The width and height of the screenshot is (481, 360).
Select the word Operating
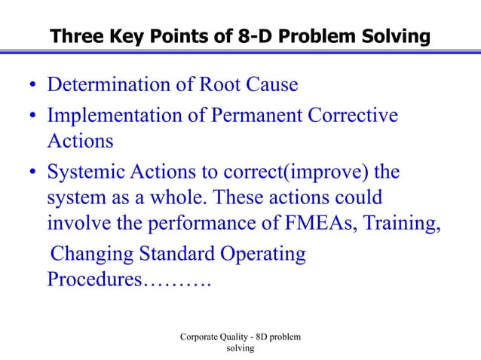coord(262,255)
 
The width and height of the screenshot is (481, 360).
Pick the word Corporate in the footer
coord(202,337)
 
